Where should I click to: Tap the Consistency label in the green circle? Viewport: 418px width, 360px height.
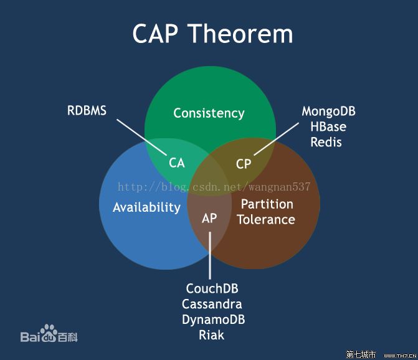(x=209, y=113)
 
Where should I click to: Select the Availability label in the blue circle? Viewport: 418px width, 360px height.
(x=146, y=207)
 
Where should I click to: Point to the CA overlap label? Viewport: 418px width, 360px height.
(x=177, y=163)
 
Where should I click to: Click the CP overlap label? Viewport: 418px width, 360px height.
(x=244, y=164)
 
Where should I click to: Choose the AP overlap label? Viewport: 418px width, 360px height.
(x=209, y=218)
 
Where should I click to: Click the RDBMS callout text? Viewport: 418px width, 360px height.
(x=87, y=111)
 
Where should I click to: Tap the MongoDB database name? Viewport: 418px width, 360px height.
(x=328, y=111)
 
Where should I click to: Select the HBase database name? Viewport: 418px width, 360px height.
(x=328, y=127)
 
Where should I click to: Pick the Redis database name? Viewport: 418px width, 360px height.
(x=326, y=142)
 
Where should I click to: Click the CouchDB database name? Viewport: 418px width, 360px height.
(x=212, y=289)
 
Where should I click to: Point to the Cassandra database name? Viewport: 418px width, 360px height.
(x=212, y=305)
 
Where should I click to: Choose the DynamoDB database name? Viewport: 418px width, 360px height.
(x=213, y=320)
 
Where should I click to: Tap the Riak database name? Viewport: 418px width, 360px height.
(x=211, y=335)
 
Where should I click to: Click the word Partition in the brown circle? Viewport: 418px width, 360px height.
(x=267, y=204)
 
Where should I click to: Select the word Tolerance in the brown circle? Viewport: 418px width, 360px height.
(x=266, y=219)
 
